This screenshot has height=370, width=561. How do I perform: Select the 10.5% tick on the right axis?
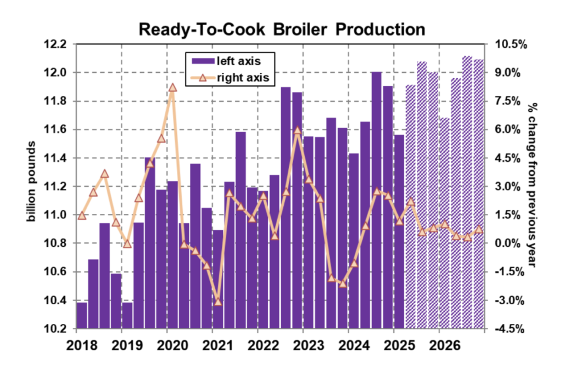pyautogui.click(x=510, y=44)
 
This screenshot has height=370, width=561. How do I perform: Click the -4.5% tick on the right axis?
pyautogui.click(x=510, y=329)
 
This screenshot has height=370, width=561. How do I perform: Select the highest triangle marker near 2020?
pyautogui.click(x=173, y=88)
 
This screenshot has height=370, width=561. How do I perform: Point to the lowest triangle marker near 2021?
pyautogui.click(x=218, y=302)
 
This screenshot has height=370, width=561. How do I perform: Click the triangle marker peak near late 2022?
pyautogui.click(x=297, y=131)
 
